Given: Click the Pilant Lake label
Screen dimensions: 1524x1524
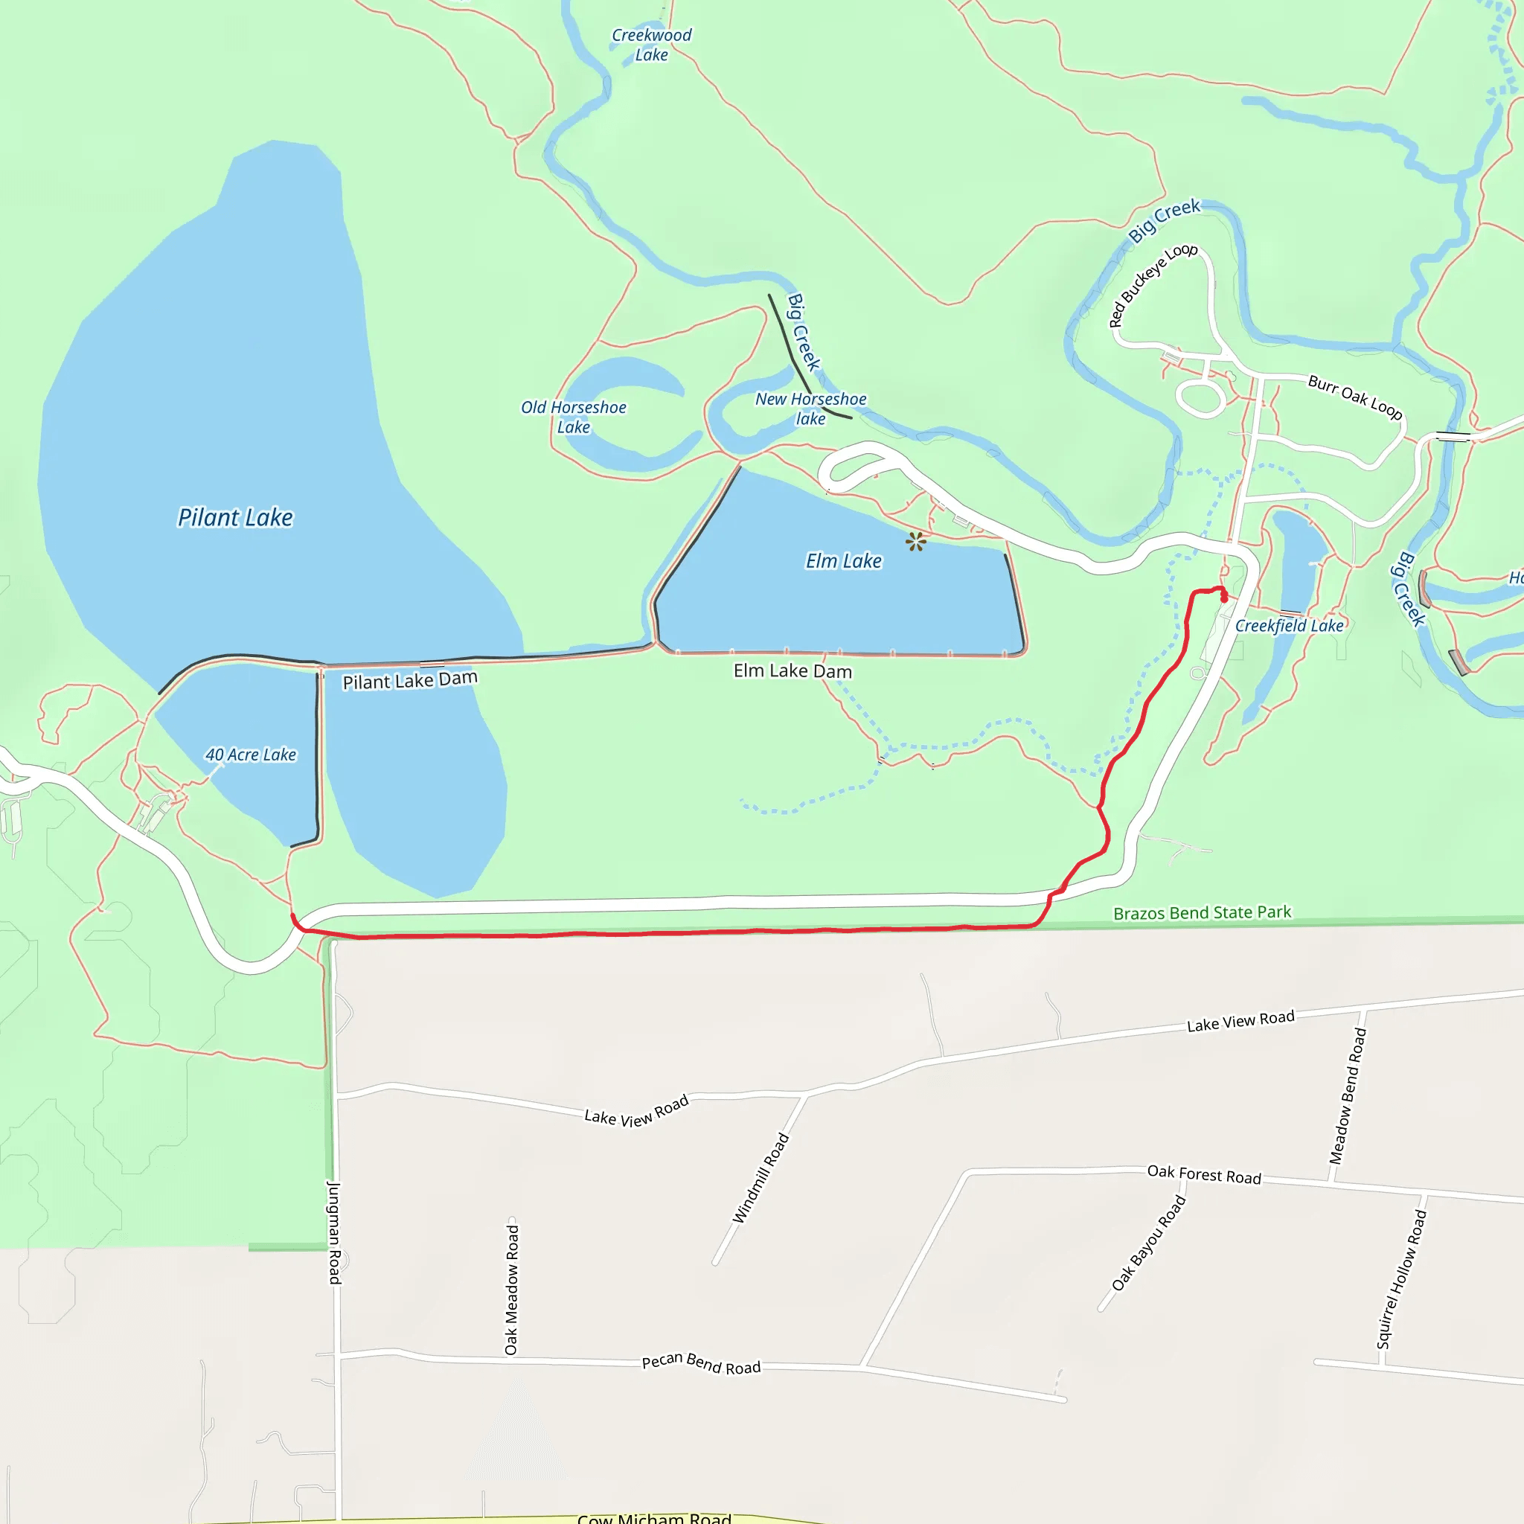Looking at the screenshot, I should click(x=235, y=517).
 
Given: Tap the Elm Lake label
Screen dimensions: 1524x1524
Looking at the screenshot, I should click(x=843, y=561).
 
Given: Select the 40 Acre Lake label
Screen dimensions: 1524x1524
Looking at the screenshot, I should click(x=251, y=755).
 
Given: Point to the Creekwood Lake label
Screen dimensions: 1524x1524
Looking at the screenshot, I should click(x=652, y=45).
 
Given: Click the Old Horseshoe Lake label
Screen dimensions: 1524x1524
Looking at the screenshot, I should click(x=574, y=417).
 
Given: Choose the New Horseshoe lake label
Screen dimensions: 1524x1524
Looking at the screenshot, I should click(x=811, y=409).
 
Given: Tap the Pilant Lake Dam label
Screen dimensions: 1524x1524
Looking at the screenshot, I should click(x=409, y=680).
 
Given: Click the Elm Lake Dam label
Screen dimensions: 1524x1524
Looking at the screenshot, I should click(x=793, y=671).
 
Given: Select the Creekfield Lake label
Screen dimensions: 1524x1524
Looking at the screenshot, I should click(x=1289, y=626).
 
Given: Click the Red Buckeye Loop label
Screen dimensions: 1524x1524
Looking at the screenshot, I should click(x=1153, y=285).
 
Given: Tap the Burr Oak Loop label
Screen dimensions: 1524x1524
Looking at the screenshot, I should click(x=1355, y=397).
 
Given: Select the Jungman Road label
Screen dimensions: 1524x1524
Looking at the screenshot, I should click(x=334, y=1232).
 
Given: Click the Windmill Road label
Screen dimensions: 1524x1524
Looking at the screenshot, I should click(x=761, y=1179).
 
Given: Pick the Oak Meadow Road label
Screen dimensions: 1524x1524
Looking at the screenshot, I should click(x=511, y=1290).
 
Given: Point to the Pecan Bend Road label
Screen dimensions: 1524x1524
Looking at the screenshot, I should click(x=701, y=1364).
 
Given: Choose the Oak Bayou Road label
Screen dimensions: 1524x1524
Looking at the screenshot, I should click(x=1148, y=1243).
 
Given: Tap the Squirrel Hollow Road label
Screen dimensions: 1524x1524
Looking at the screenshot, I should click(x=1402, y=1279).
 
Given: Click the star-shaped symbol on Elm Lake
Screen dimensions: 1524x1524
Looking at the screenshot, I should click(x=916, y=541).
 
